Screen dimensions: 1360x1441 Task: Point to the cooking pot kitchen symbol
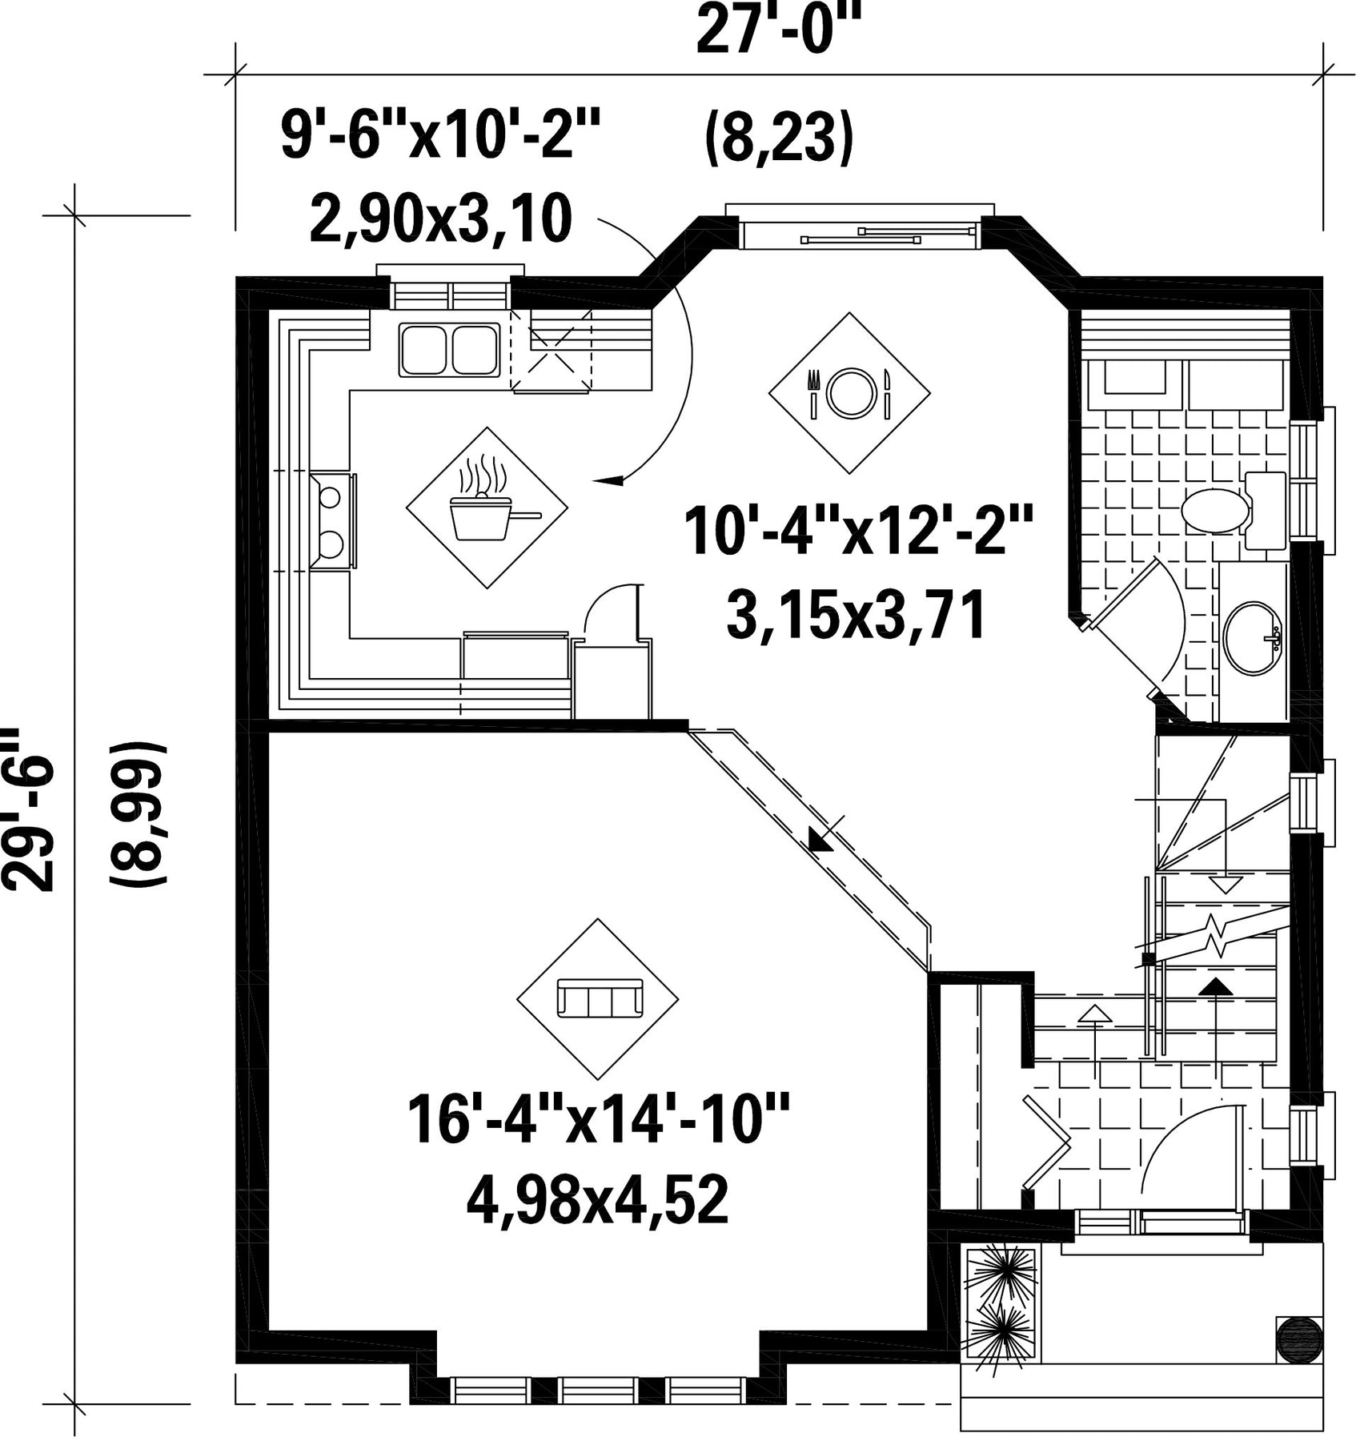tap(487, 508)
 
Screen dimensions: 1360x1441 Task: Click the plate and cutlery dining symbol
tap(849, 392)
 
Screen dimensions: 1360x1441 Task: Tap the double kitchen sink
tap(449, 350)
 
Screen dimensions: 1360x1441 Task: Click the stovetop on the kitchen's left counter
tap(333, 520)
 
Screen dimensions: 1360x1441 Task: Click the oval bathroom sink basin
tap(1254, 637)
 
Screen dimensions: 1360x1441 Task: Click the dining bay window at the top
tap(859, 232)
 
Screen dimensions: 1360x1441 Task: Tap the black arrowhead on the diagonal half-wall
tap(820, 841)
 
